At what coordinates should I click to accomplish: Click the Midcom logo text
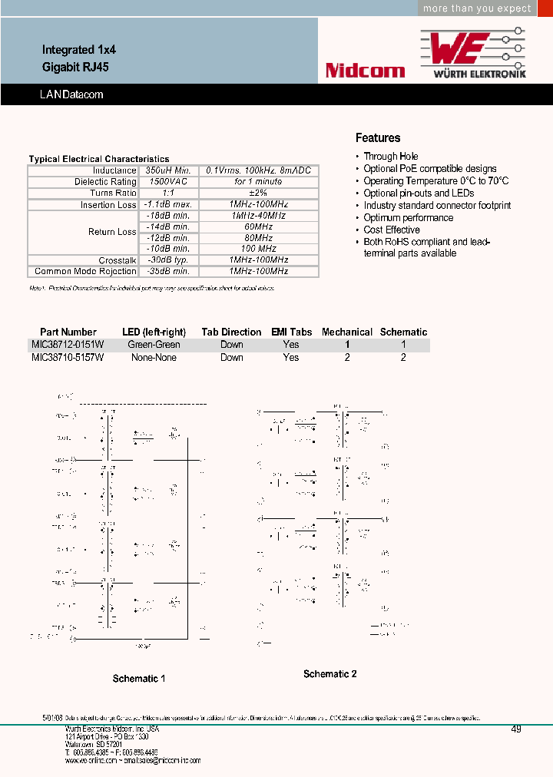365,71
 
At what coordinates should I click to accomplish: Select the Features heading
378,138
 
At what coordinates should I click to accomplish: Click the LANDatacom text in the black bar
71,94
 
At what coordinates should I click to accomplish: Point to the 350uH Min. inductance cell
167,170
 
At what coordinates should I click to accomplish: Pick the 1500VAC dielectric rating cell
167,182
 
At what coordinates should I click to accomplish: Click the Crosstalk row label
118,260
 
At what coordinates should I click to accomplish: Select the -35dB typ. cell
167,271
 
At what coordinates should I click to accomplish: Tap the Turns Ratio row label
113,193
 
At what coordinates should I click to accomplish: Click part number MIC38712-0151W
68,345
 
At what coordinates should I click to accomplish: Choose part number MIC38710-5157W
68,357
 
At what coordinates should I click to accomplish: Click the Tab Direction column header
231,332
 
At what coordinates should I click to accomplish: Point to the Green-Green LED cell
154,345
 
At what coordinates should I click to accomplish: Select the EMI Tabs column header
291,332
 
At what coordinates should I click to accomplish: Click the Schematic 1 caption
139,679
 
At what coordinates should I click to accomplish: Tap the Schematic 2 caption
329,674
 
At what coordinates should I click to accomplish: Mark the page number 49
515,729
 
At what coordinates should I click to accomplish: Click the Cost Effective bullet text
392,230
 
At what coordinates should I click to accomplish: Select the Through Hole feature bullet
390,157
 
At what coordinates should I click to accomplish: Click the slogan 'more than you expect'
477,8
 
